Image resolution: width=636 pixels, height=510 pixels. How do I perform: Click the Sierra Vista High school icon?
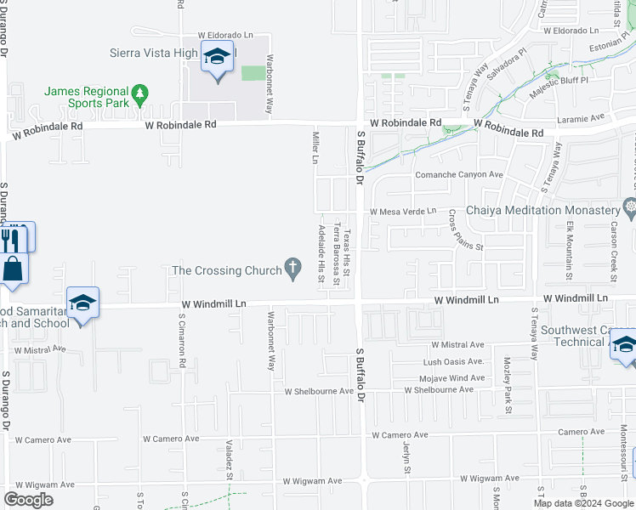(217, 58)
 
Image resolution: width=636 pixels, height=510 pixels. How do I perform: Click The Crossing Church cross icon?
(293, 269)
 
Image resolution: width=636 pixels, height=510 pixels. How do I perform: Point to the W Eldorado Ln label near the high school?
(226, 35)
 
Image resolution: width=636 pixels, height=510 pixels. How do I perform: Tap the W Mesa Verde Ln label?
(401, 212)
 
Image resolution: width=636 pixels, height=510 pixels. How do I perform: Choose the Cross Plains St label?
(465, 230)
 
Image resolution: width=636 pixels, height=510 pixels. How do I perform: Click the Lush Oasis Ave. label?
(453, 362)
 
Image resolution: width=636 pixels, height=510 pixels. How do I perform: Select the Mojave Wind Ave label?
(454, 377)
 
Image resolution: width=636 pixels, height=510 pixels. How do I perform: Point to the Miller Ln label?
(315, 147)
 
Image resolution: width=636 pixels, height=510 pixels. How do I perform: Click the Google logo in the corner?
(28, 500)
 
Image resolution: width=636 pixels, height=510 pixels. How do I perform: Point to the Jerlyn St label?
(406, 459)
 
